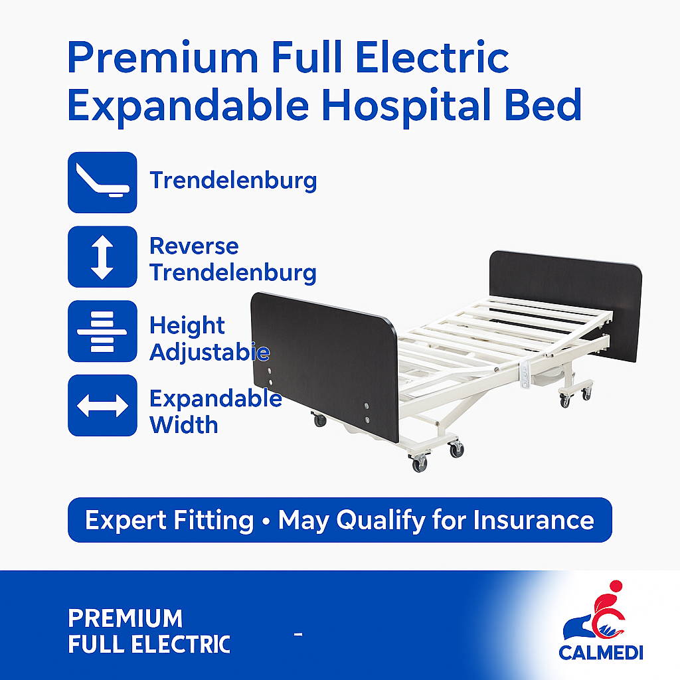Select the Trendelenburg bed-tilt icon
(102, 182)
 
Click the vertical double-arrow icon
(102, 256)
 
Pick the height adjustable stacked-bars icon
(102, 331)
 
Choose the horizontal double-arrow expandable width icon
(102, 405)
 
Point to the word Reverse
(194, 246)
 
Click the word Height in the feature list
(187, 326)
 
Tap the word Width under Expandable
(184, 424)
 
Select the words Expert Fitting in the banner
(169, 520)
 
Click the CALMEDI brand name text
(600, 652)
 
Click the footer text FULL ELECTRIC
(149, 644)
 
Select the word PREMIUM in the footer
(125, 619)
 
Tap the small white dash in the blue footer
(298, 636)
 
